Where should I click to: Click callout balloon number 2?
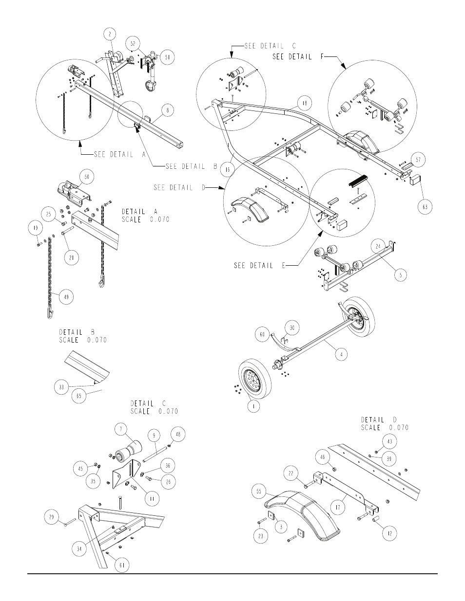110,34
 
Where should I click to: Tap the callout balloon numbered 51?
167,57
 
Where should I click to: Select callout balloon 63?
425,207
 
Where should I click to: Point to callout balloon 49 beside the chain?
66,297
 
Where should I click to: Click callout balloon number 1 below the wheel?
254,405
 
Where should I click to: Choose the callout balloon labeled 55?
259,492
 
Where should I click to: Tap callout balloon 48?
178,434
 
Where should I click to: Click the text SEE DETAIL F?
298,57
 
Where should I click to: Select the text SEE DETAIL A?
120,154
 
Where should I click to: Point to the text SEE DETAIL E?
259,266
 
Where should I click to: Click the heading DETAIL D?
379,420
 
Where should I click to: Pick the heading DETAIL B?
77,332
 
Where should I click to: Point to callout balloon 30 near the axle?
292,328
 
